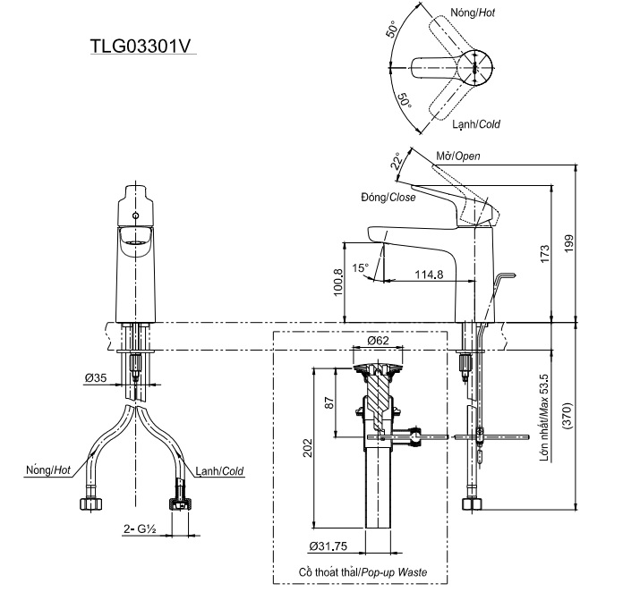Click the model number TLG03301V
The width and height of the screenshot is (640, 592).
point(141,46)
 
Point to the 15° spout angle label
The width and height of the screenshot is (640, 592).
point(360,267)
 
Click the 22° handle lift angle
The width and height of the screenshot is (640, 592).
point(397,161)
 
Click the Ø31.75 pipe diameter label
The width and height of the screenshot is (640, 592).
point(329,546)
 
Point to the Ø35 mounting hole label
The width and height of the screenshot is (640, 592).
point(97,378)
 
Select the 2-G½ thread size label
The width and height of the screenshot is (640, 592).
point(140,529)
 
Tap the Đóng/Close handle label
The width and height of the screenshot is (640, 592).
point(388,198)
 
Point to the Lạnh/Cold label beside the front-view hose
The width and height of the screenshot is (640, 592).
point(219,470)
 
